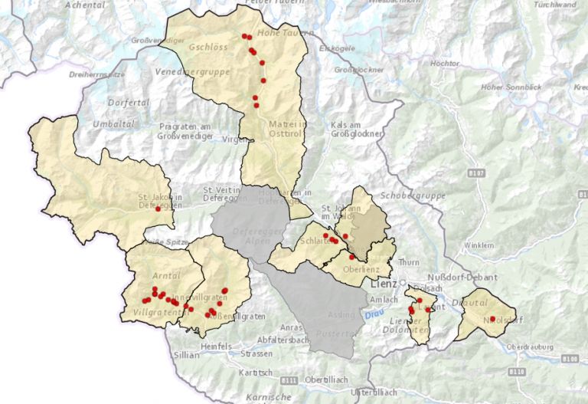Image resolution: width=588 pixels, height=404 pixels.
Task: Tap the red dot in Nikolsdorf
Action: (x=492, y=319)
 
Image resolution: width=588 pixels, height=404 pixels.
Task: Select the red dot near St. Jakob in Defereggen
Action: (x=158, y=209)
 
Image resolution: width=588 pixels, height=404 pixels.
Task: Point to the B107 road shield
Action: (x=475, y=174)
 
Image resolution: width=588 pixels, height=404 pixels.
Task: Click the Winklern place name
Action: (x=479, y=245)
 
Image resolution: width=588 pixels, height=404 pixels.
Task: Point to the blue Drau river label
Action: (x=373, y=313)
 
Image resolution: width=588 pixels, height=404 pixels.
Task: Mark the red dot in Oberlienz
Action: (x=351, y=258)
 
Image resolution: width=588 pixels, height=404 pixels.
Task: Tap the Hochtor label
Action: (x=444, y=63)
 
